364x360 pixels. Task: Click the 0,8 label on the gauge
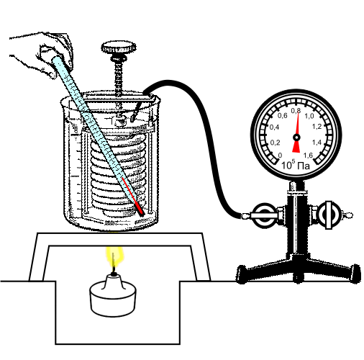(x=296, y=111)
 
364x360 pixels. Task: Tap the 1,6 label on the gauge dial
(x=308, y=156)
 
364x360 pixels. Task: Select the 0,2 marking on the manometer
(x=275, y=143)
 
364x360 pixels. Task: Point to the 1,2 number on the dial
(x=317, y=127)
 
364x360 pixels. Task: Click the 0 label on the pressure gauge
(x=280, y=156)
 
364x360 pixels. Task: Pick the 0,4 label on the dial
(x=274, y=127)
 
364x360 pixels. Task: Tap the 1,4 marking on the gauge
(x=317, y=143)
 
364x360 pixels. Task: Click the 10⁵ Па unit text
(x=295, y=165)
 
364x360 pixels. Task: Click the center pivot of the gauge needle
(x=296, y=138)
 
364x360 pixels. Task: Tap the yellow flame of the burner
(x=115, y=257)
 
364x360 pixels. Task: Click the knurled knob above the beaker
(x=119, y=48)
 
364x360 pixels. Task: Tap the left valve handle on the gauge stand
(x=264, y=215)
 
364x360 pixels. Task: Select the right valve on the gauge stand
(x=329, y=215)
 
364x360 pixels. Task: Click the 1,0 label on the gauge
(x=309, y=116)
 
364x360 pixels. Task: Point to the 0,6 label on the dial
(x=282, y=116)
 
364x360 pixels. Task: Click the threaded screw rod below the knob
(x=119, y=77)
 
